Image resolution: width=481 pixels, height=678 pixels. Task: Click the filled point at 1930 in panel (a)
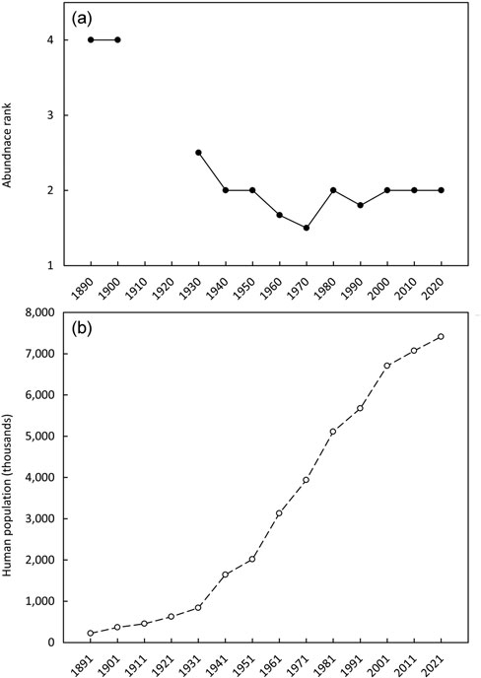[198, 153]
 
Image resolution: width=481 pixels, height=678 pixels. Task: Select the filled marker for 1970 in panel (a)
[307, 228]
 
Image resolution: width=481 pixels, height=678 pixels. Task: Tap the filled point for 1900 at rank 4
[117, 39]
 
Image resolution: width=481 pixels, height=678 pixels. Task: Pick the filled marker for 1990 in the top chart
[361, 205]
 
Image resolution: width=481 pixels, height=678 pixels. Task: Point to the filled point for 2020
[442, 190]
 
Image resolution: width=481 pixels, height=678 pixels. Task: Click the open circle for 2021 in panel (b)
[441, 336]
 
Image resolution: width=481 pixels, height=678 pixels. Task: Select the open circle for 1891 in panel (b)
[91, 633]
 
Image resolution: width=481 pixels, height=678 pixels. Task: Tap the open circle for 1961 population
[279, 513]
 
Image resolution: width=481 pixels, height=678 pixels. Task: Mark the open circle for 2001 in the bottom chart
[387, 366]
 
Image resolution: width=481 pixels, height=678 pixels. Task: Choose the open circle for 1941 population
[226, 575]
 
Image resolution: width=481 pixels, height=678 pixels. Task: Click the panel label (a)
[82, 19]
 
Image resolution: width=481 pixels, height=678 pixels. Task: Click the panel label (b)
[82, 328]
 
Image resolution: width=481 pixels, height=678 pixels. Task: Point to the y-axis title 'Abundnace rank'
[7, 145]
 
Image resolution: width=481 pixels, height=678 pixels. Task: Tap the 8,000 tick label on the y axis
[43, 312]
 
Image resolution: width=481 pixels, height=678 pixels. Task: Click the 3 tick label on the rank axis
[50, 115]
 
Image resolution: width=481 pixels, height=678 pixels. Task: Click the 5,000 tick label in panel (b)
[43, 437]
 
